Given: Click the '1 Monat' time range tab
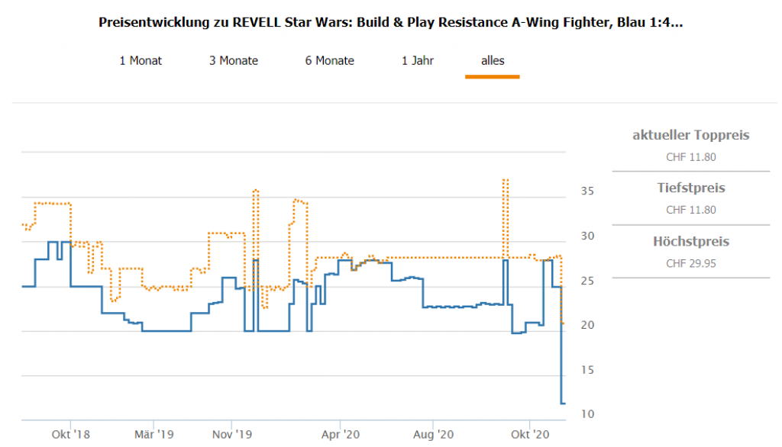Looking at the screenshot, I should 141,60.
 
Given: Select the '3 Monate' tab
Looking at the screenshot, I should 234,60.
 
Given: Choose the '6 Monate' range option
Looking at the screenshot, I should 330,60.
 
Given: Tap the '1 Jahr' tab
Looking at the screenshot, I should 418,60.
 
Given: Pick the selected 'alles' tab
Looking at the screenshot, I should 493,60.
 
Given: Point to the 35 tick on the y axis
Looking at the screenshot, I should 586,191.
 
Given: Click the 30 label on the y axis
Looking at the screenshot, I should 586,236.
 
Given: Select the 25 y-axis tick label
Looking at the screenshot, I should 586,281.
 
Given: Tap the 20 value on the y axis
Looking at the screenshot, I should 586,325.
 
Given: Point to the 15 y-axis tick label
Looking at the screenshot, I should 586,370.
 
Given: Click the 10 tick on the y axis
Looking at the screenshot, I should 586,414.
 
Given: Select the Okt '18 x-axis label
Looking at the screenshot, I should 70,435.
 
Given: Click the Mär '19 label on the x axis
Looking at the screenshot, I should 153,435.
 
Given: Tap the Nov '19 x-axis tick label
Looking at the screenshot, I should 232,435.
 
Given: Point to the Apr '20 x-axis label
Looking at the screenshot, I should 340,435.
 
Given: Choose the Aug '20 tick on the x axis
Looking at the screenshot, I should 433,435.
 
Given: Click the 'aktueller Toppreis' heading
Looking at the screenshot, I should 691,136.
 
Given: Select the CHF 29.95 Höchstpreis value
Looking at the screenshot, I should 691,264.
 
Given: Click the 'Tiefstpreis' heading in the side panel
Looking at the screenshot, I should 691,188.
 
